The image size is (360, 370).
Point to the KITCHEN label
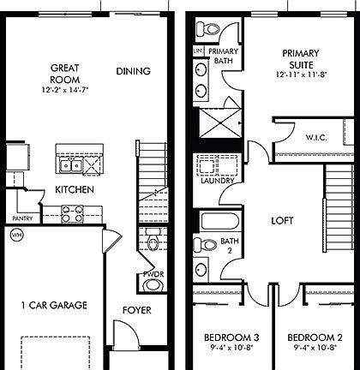tap(74, 189)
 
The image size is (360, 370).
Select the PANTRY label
tap(22, 218)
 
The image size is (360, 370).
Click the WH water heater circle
tap(15, 234)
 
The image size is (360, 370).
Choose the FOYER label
tap(137, 310)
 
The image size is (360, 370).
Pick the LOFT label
tap(283, 220)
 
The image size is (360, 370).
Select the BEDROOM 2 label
tap(314, 337)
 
